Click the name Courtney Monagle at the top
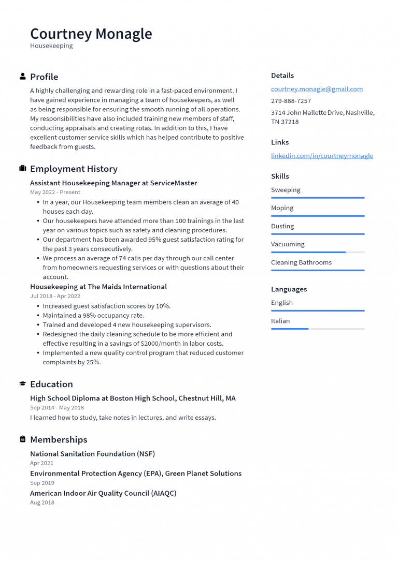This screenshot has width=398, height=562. pos(91,34)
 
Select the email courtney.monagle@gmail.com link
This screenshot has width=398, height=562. pos(317,89)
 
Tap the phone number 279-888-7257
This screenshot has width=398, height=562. pos(291,101)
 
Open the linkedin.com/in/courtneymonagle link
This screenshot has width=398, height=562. pos(322,156)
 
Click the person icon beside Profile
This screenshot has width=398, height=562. pos(23,77)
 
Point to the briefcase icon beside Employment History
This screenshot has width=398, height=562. pos(23,169)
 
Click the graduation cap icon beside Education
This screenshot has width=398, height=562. pos(23,384)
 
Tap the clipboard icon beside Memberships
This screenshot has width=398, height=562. pos(23,439)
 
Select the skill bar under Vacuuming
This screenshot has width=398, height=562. pos(318,252)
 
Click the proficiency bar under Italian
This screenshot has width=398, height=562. pos(318,329)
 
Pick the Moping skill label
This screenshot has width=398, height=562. pos(282,208)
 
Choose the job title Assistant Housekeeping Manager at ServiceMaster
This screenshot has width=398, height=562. pos(113,183)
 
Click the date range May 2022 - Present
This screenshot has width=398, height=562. pos(55,193)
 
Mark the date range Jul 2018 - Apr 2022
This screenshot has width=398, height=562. pos(55,296)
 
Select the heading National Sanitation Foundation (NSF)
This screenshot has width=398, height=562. pos(92,454)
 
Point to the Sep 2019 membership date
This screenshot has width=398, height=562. pos(42,483)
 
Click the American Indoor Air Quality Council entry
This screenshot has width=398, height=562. pos(103,493)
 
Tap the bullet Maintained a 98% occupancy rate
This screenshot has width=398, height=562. pos(93,315)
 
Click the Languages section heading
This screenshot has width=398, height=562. pos(289,289)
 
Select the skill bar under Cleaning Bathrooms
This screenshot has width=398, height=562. pos(318,270)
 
